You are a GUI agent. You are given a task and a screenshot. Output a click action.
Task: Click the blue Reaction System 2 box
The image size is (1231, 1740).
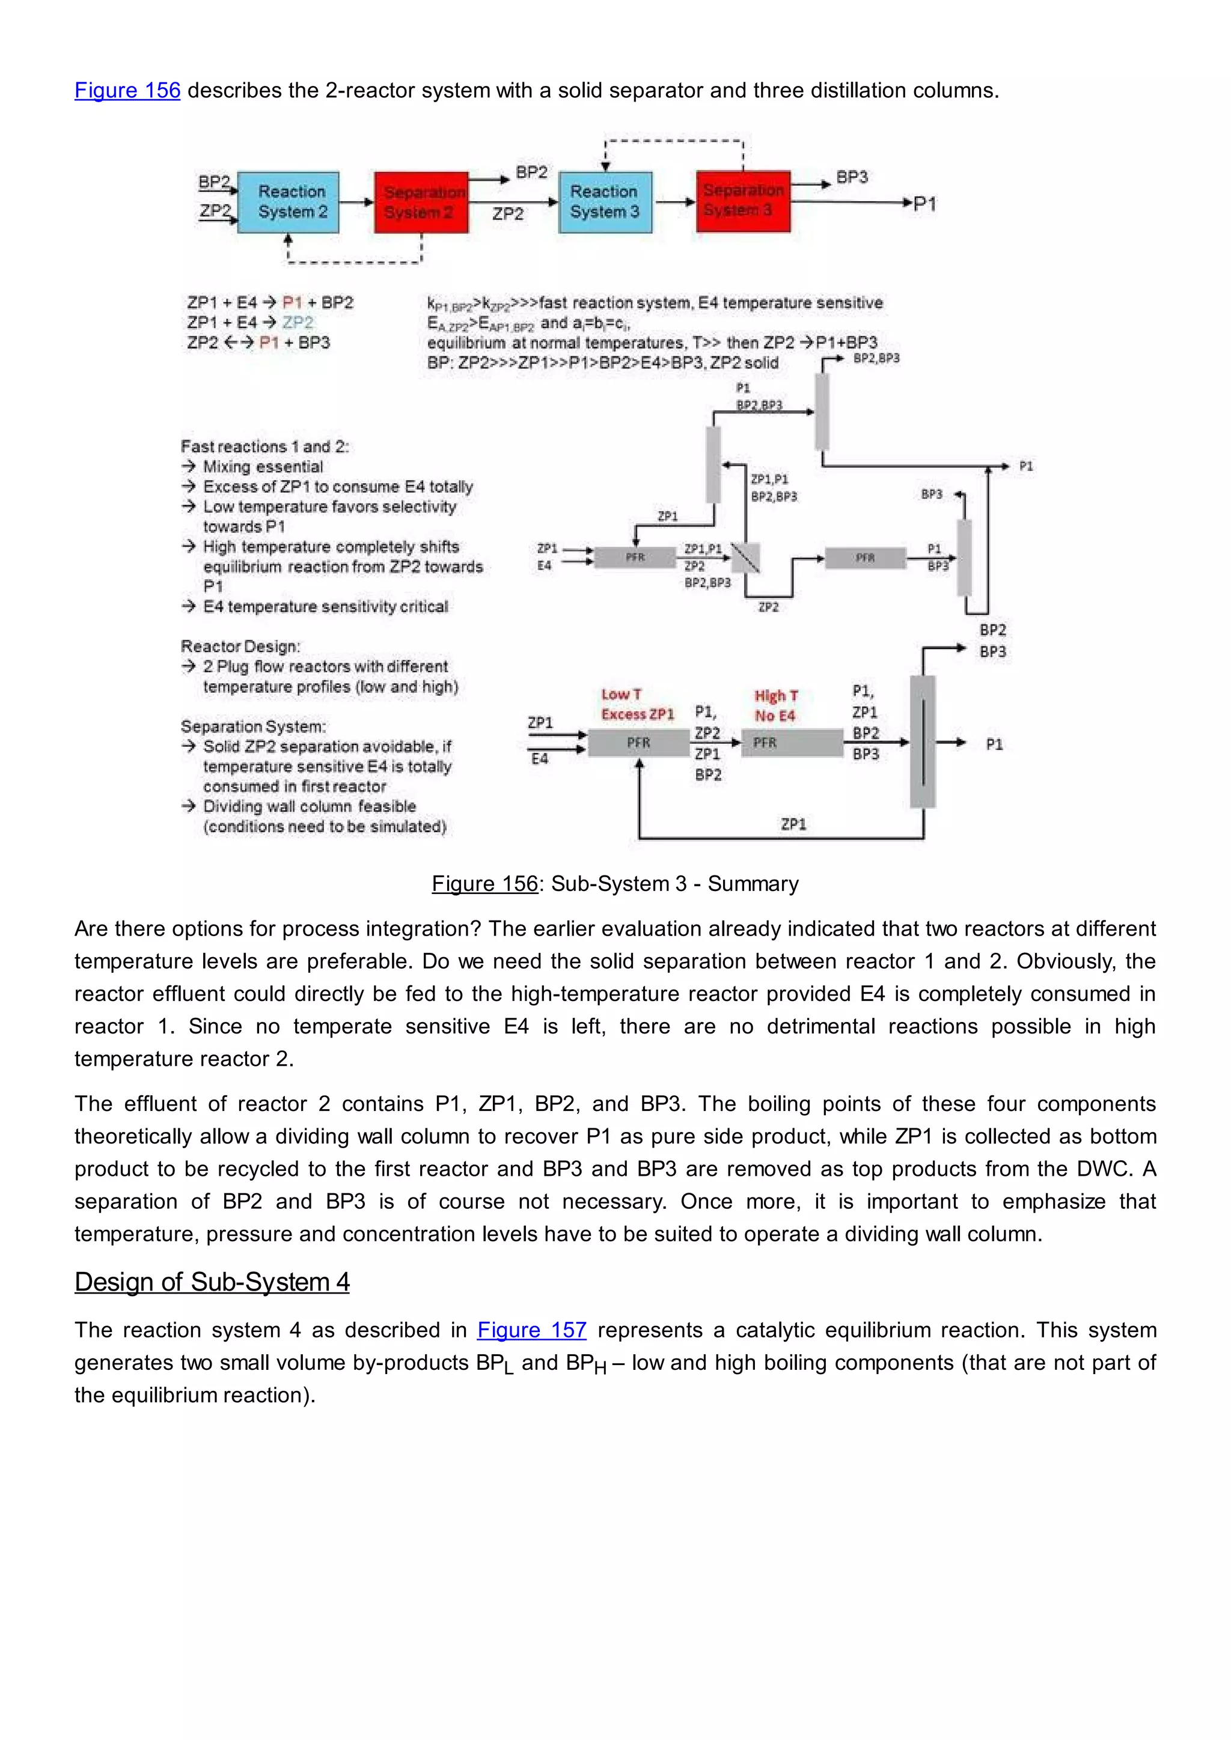289,202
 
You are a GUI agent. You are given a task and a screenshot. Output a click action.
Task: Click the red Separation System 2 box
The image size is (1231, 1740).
421,202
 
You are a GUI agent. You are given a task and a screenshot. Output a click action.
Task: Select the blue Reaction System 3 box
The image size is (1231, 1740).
605,202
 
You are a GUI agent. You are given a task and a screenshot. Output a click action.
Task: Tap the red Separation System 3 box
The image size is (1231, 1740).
743,201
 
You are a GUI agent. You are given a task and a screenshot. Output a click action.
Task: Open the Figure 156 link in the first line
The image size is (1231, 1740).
127,90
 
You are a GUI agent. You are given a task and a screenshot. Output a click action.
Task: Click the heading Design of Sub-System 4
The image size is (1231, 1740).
212,1282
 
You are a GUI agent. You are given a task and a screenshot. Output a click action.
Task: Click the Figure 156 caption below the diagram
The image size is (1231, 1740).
615,884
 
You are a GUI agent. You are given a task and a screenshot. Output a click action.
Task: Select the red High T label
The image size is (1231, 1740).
775,696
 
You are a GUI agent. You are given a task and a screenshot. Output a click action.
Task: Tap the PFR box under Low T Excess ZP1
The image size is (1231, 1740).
638,743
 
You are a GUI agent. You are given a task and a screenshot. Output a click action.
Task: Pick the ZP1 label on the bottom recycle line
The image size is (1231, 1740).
793,824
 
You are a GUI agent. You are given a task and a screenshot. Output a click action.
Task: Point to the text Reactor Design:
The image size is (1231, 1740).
240,646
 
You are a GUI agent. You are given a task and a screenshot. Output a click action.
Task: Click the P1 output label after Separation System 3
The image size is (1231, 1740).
925,204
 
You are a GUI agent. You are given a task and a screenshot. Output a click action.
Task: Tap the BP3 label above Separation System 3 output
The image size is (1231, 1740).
852,177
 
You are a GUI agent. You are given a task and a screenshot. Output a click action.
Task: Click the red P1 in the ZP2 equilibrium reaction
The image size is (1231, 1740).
269,342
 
